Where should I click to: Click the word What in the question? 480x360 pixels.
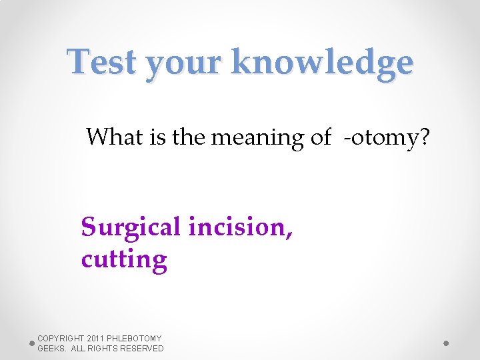tap(111, 137)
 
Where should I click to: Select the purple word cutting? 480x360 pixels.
tap(124, 259)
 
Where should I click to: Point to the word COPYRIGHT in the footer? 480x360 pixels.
tap(61, 339)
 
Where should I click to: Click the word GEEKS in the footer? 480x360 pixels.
tap(51, 349)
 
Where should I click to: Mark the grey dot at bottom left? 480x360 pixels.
tap(32, 343)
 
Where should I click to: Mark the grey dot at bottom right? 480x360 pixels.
tap(446, 343)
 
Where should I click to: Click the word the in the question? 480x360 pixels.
tap(189, 137)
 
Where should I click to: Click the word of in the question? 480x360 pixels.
tap(321, 137)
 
